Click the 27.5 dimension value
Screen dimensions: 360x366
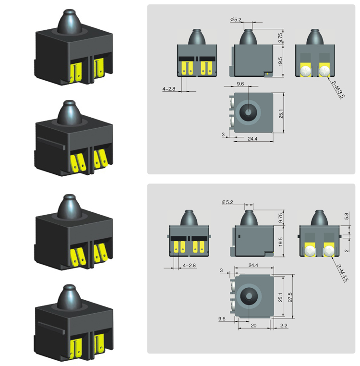[290, 297]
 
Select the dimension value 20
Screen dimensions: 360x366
[253, 325]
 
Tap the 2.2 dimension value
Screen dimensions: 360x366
[284, 325]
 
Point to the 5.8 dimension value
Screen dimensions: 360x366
[347, 216]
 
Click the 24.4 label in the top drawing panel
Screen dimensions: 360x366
[252, 139]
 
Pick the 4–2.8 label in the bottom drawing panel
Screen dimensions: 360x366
[189, 266]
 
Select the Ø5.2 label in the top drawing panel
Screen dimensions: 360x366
[236, 20]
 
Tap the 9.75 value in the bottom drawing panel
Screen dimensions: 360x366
[281, 218]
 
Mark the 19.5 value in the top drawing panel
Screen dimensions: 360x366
[280, 61]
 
